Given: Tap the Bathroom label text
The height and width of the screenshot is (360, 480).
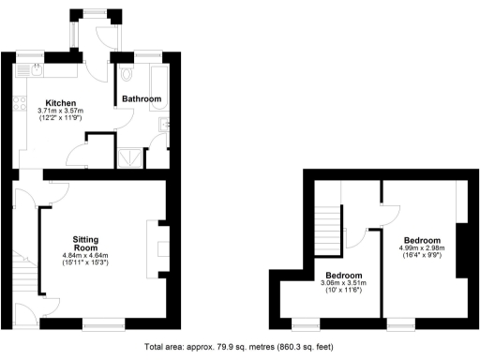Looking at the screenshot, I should pyautogui.click(x=141, y=98).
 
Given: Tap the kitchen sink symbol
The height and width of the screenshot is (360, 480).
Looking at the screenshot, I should pyautogui.click(x=35, y=69).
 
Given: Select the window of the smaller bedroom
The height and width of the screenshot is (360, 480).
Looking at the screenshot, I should pyautogui.click(x=305, y=323).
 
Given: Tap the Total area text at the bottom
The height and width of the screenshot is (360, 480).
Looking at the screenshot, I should pyautogui.click(x=239, y=347).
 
